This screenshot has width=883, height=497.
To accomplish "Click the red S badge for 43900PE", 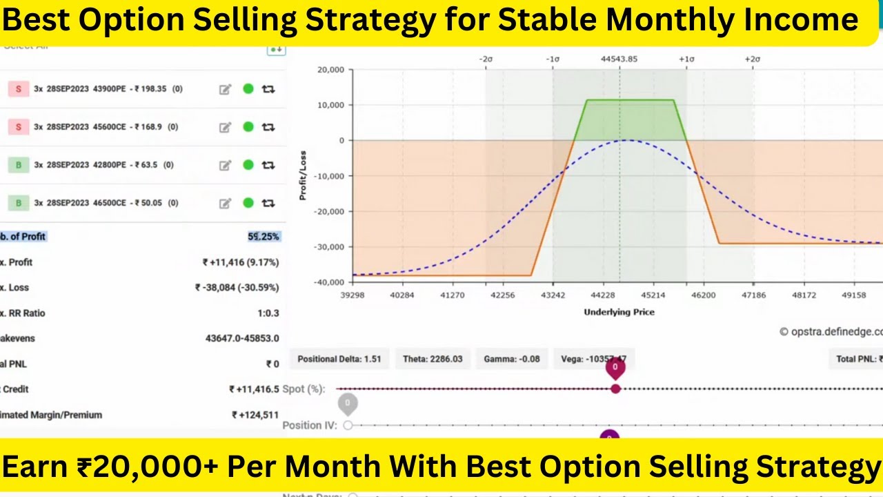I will click(x=19, y=89).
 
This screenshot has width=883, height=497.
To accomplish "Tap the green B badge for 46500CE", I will click(x=19, y=203).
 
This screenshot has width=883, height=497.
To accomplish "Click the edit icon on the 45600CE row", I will click(x=225, y=127).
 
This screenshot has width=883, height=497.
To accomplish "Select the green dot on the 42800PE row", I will click(x=248, y=165).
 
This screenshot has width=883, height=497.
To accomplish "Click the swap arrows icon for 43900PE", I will click(x=268, y=89).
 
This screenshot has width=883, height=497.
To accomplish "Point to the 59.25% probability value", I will click(x=264, y=237).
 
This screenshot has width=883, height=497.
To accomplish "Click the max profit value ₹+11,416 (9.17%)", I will click(x=241, y=262).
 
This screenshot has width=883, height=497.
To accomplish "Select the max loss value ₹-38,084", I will click(x=237, y=288).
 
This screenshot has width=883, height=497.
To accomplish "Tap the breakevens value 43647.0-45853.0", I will click(x=242, y=338).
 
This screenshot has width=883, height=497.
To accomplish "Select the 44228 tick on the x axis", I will click(x=603, y=295).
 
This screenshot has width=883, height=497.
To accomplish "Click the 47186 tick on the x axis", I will click(x=753, y=295).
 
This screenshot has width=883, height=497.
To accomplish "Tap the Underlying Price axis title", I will click(x=619, y=312).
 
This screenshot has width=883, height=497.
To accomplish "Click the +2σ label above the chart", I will click(x=752, y=59).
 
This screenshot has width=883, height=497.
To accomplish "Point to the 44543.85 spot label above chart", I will click(x=619, y=59).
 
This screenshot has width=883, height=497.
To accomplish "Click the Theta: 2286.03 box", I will click(x=433, y=359).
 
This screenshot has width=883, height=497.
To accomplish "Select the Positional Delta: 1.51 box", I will click(x=339, y=359).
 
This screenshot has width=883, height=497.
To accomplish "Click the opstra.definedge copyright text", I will click(x=831, y=331).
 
